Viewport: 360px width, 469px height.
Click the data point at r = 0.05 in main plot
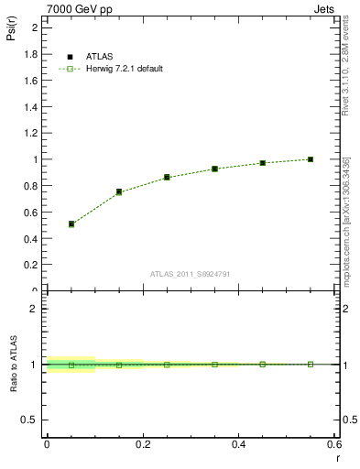[x=71, y=224]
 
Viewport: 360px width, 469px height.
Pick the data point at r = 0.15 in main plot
[x=119, y=191]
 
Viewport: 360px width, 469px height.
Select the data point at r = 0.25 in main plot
[x=167, y=177]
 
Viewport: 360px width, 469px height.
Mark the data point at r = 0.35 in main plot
[x=214, y=169]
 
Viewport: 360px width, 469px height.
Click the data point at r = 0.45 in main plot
[x=263, y=163]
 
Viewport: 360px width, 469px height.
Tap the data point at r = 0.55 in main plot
[x=311, y=159]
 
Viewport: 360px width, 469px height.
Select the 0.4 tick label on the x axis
[x=239, y=444]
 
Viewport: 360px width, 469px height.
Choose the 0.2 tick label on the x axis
[x=143, y=444]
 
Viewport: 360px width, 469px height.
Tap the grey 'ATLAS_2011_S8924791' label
[x=191, y=274]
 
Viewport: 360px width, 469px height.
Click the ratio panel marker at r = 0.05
[x=71, y=365]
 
